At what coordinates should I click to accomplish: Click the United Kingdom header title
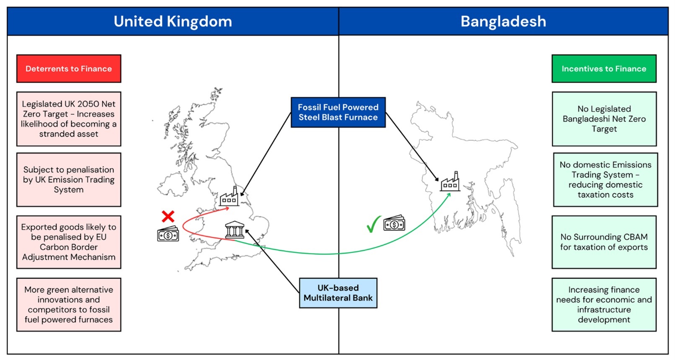(x=173, y=21)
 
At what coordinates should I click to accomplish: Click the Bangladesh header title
(x=503, y=21)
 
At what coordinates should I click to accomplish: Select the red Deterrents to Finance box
(x=69, y=69)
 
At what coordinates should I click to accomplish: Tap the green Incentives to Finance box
(x=604, y=69)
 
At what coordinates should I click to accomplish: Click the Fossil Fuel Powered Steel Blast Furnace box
(x=338, y=112)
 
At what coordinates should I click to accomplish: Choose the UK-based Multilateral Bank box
(x=338, y=293)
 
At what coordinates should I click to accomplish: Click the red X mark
(x=168, y=216)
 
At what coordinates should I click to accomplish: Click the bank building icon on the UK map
(x=235, y=230)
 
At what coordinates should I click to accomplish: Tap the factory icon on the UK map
(x=229, y=197)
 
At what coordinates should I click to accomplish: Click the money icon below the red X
(x=168, y=234)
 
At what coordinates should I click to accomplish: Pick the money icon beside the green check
(x=394, y=223)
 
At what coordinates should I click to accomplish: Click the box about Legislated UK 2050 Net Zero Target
(x=69, y=119)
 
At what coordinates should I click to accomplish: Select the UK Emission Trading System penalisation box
(x=69, y=180)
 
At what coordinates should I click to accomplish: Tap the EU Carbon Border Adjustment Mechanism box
(x=69, y=242)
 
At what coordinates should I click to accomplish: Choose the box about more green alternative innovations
(x=69, y=305)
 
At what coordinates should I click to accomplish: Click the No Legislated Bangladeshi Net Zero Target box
(x=604, y=119)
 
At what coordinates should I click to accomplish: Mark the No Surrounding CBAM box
(x=604, y=242)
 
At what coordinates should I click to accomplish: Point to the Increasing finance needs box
(x=604, y=305)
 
